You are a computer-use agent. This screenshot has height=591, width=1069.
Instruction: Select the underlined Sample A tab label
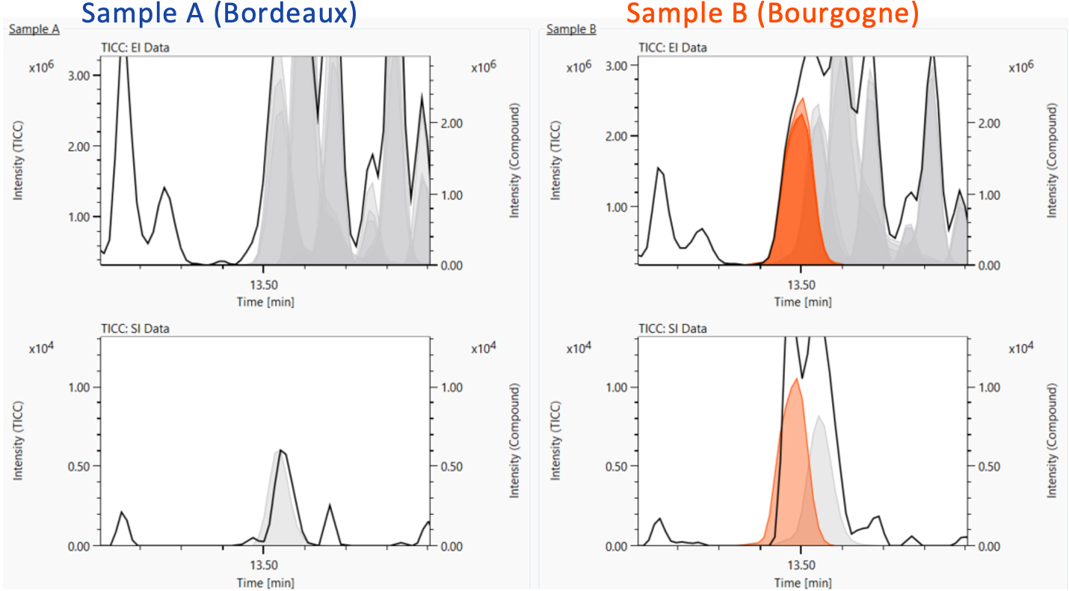click(34, 29)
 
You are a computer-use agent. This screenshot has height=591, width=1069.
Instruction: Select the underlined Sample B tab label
click(571, 29)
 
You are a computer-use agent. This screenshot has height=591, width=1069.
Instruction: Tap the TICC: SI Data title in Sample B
click(673, 328)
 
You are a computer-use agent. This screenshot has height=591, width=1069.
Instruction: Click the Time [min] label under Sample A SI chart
click(265, 582)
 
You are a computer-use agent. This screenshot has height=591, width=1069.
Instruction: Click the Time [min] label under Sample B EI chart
click(802, 302)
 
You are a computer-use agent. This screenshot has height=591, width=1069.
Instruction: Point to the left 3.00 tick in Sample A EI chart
click(79, 76)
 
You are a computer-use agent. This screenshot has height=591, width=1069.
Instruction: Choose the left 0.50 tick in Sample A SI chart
click(79, 466)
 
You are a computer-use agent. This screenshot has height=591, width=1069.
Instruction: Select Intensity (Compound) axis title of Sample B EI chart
click(1053, 161)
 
